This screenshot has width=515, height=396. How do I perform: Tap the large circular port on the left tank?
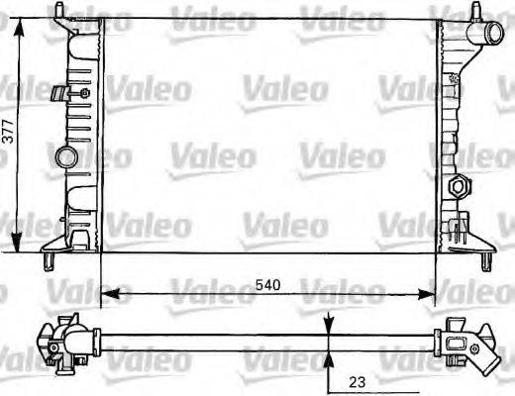click(66, 156)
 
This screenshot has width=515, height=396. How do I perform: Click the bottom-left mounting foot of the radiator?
click(51, 258)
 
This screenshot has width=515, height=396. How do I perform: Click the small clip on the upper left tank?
click(62, 95)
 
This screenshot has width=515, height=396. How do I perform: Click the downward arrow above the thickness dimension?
click(329, 323)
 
